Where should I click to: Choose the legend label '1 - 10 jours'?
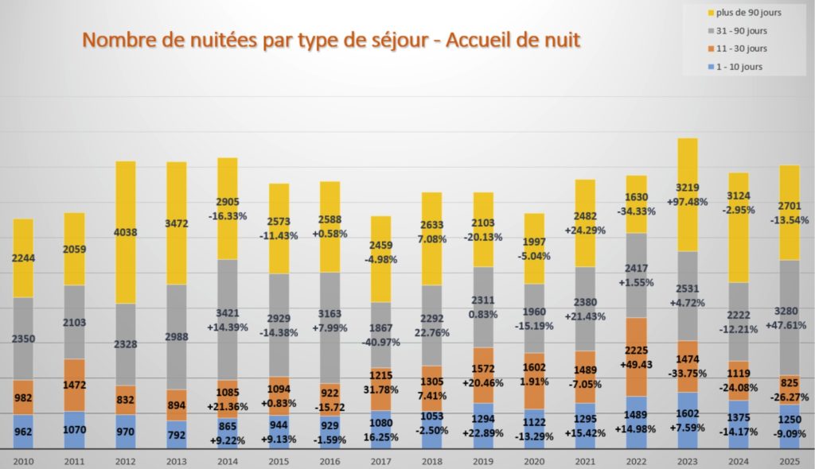(x=739, y=67)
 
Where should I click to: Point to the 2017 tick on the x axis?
(x=380, y=461)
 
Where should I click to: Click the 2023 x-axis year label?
(x=687, y=461)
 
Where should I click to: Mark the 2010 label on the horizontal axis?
(x=23, y=461)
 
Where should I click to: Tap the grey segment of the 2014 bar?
(x=228, y=318)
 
